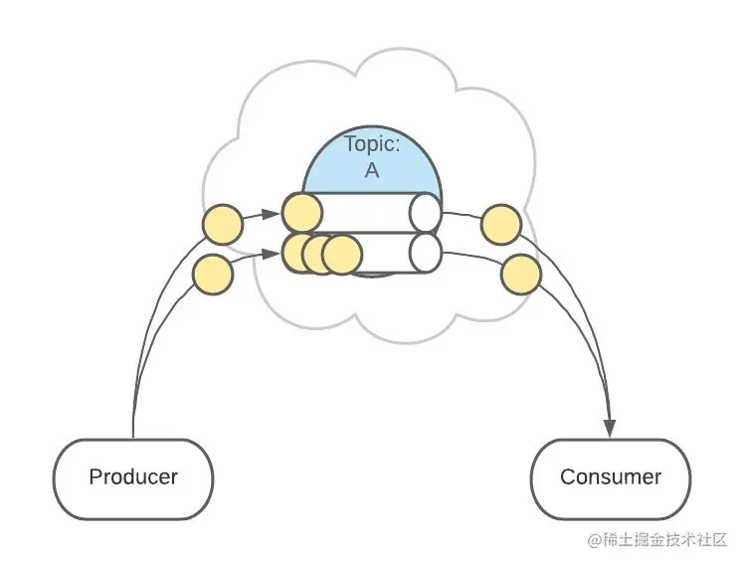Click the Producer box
(133, 476)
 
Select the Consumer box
(610, 476)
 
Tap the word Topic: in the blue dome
(372, 143)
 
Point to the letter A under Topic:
(372, 169)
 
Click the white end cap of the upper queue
(426, 214)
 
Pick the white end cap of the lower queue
(426, 253)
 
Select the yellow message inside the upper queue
(302, 213)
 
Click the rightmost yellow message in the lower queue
(342, 255)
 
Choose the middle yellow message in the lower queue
(319, 255)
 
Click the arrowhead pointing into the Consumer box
(610, 429)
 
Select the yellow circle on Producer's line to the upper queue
(222, 225)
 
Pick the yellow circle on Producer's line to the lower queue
(212, 273)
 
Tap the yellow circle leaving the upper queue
(500, 225)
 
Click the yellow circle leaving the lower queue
(520, 275)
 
